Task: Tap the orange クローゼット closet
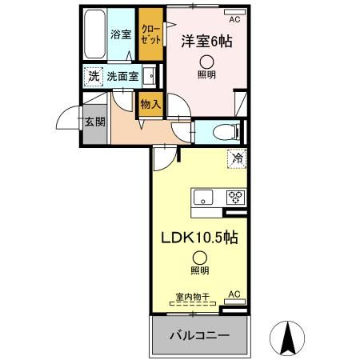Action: (150, 34)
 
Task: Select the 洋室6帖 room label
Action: (206, 42)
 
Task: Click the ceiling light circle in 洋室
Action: (206, 62)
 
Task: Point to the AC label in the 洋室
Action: (234, 18)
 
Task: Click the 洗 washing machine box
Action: (93, 77)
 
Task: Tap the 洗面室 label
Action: (122, 77)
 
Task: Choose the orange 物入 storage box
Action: (150, 103)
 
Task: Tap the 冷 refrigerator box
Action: (237, 158)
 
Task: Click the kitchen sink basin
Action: (202, 197)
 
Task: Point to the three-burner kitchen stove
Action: (235, 197)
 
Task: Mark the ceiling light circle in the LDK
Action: (198, 257)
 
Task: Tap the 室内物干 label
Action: (192, 297)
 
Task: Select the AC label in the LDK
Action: (234, 294)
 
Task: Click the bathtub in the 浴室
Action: (94, 34)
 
